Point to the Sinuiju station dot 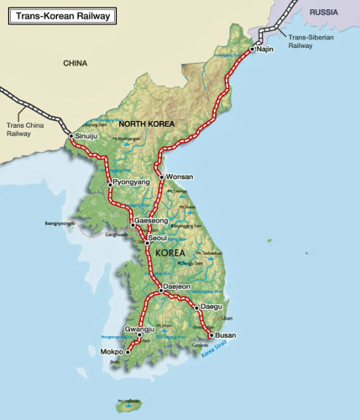(x=71, y=135)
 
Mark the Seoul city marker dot (x=147, y=241)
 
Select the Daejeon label (x=176, y=287)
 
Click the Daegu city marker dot (x=197, y=307)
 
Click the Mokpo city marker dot (x=128, y=352)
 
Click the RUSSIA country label (x=326, y=13)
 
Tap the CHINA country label (x=75, y=63)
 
